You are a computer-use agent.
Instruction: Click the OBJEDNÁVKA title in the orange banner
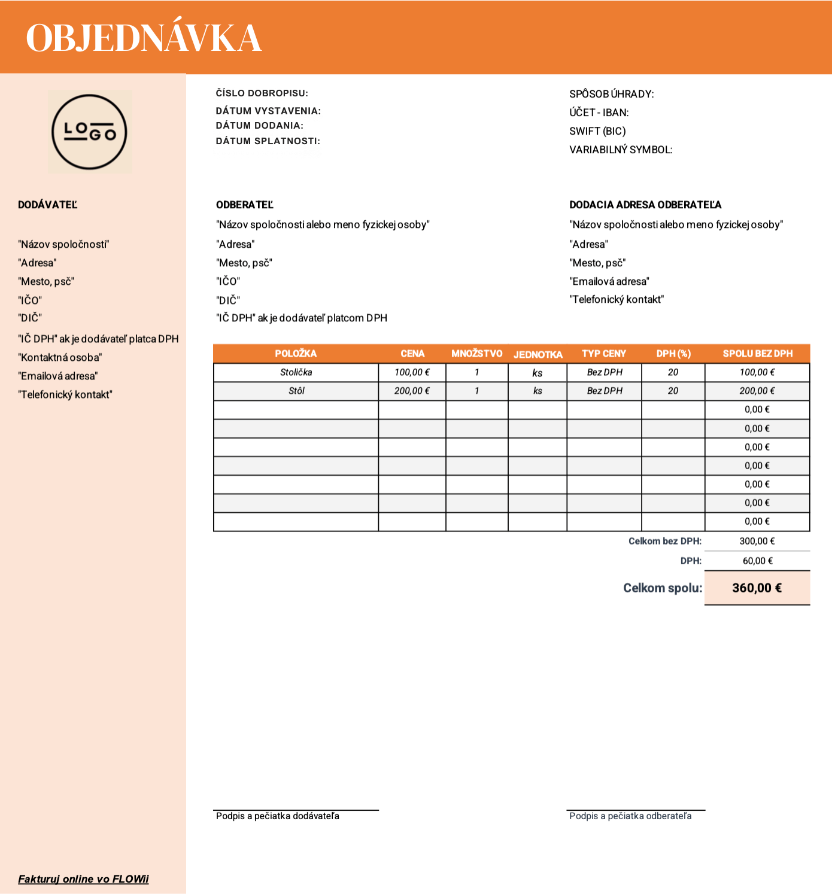144,38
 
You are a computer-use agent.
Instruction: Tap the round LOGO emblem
90,132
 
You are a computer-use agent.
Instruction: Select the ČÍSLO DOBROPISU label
262,93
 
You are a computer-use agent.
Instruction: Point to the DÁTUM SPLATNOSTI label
268,141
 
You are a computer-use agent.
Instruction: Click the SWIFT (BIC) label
597,131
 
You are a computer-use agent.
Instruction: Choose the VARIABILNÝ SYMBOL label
621,150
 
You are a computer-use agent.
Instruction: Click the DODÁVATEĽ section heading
48,205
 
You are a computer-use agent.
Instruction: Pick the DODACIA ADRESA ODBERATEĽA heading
645,205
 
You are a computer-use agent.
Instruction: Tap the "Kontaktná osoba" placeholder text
60,357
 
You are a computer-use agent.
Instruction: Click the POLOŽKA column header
296,354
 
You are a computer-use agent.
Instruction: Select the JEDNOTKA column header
538,354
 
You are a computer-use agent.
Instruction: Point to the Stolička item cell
296,372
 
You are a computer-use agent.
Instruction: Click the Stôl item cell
296,391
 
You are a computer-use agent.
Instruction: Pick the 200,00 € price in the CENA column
412,391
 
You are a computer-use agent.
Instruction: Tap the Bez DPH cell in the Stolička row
604,372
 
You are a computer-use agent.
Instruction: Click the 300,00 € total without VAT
757,541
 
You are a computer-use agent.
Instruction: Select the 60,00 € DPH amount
757,561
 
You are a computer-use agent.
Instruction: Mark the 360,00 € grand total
757,588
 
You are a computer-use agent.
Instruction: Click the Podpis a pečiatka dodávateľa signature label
278,816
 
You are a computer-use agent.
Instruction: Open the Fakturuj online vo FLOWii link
83,879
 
